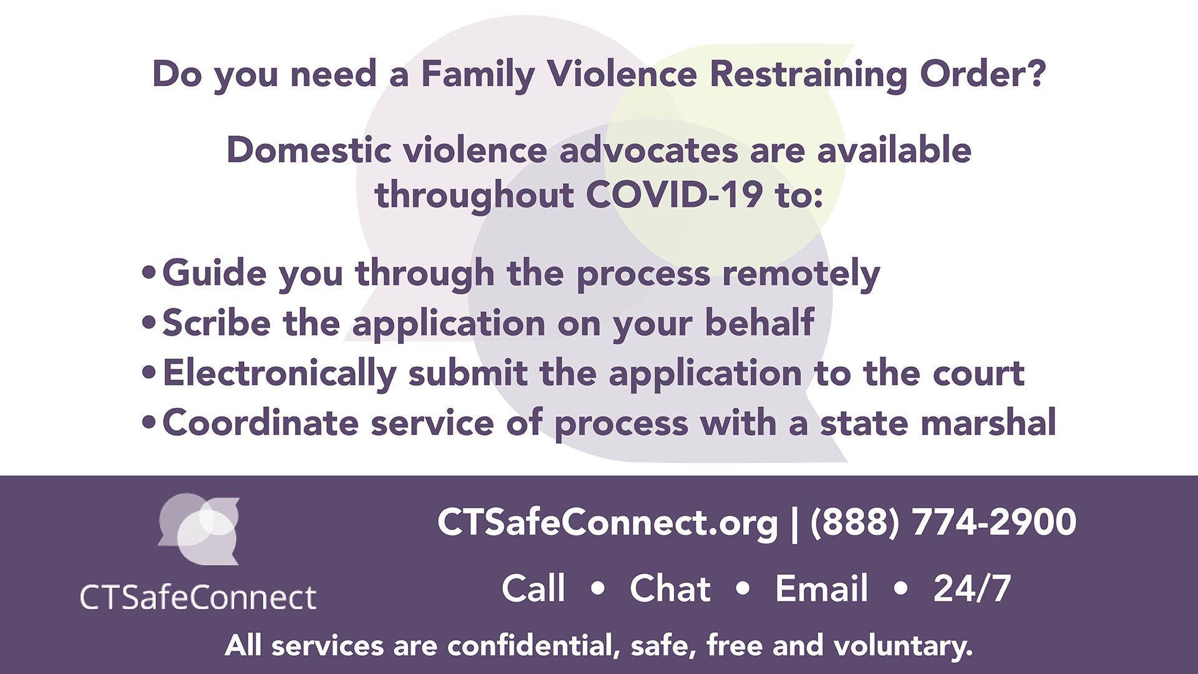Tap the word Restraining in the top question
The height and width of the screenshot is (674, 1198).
[x=808, y=75]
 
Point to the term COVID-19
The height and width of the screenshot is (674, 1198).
[x=674, y=195]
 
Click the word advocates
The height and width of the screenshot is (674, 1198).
[x=648, y=150]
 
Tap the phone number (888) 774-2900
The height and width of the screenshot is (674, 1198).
[x=943, y=523]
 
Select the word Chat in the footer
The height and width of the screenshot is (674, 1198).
[x=670, y=589]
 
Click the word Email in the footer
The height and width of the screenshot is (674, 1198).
[x=821, y=589]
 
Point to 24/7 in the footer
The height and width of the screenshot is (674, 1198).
[x=972, y=589]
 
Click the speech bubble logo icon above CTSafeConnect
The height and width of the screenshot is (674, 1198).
[x=198, y=529]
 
